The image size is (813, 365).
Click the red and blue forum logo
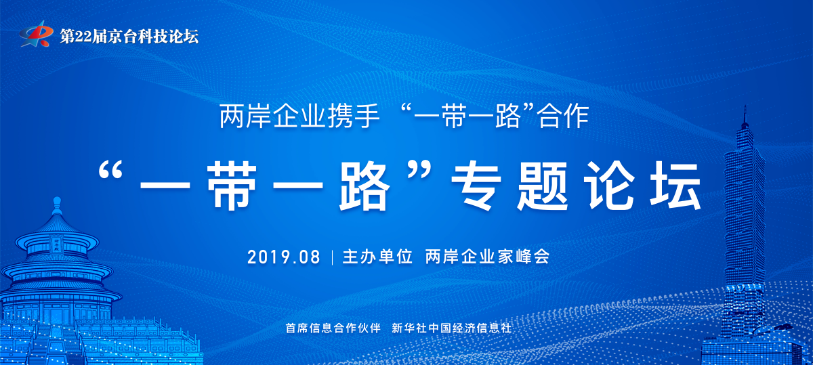(35, 34)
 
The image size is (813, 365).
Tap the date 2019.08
(284, 257)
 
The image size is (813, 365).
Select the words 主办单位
(377, 257)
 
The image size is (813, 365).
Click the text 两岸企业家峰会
(487, 257)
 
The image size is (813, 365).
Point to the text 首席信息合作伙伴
(333, 328)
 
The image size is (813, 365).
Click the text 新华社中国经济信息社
(451, 328)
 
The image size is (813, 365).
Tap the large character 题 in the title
(543, 186)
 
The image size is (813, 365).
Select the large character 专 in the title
(476, 186)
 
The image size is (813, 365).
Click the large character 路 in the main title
(364, 186)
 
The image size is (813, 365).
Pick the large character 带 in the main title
(232, 186)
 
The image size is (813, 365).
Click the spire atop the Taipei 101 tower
(745, 116)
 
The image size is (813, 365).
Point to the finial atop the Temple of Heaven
(57, 205)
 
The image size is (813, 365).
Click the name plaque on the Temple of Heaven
(56, 244)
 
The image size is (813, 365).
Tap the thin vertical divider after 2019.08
(332, 257)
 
